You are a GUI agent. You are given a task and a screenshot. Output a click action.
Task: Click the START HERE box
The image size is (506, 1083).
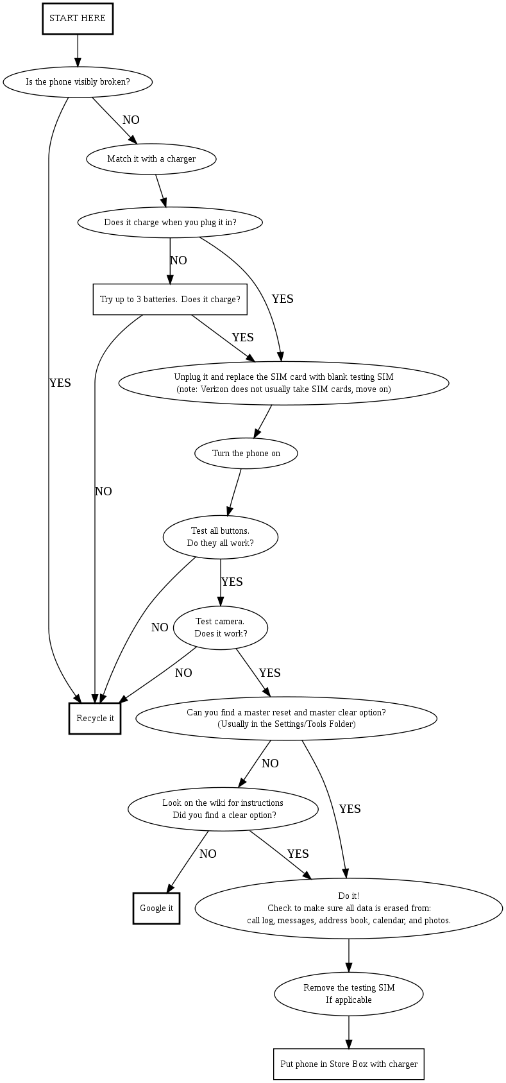click(78, 19)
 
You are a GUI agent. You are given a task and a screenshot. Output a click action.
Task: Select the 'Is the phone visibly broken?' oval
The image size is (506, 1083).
click(78, 82)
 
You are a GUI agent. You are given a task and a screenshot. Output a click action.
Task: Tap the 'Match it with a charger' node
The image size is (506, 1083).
click(151, 159)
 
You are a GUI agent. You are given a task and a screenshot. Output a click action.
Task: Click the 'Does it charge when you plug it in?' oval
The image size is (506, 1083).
click(170, 223)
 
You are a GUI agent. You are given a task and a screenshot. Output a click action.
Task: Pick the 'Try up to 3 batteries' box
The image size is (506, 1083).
click(170, 300)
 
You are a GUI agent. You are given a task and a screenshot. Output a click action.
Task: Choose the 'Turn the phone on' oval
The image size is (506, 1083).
click(246, 454)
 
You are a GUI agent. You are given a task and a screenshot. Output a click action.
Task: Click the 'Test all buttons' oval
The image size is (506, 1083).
click(221, 537)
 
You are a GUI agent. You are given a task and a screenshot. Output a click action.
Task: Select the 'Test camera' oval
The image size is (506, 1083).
click(221, 627)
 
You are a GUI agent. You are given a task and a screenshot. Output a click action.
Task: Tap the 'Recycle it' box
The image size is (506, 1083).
click(95, 719)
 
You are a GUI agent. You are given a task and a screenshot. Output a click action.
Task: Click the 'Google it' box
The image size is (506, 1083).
click(156, 908)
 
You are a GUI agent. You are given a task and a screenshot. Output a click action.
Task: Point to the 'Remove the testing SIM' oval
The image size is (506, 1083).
click(349, 994)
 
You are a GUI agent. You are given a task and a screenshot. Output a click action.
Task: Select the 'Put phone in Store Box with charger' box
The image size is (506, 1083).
click(349, 1064)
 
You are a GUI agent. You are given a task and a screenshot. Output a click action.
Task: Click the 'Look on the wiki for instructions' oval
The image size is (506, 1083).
click(223, 809)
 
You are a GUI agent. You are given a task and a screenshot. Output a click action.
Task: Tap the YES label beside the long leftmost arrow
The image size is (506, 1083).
click(60, 383)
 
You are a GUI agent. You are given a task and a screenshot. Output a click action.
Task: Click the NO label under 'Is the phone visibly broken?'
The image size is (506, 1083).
click(131, 120)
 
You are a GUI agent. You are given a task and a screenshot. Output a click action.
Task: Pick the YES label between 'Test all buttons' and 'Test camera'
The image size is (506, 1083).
click(232, 582)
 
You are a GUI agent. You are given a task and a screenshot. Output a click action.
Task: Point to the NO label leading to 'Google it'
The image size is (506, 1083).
click(208, 854)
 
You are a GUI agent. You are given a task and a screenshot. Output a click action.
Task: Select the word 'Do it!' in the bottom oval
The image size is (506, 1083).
click(349, 896)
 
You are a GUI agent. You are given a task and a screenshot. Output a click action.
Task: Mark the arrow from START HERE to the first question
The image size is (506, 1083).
click(78, 51)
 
